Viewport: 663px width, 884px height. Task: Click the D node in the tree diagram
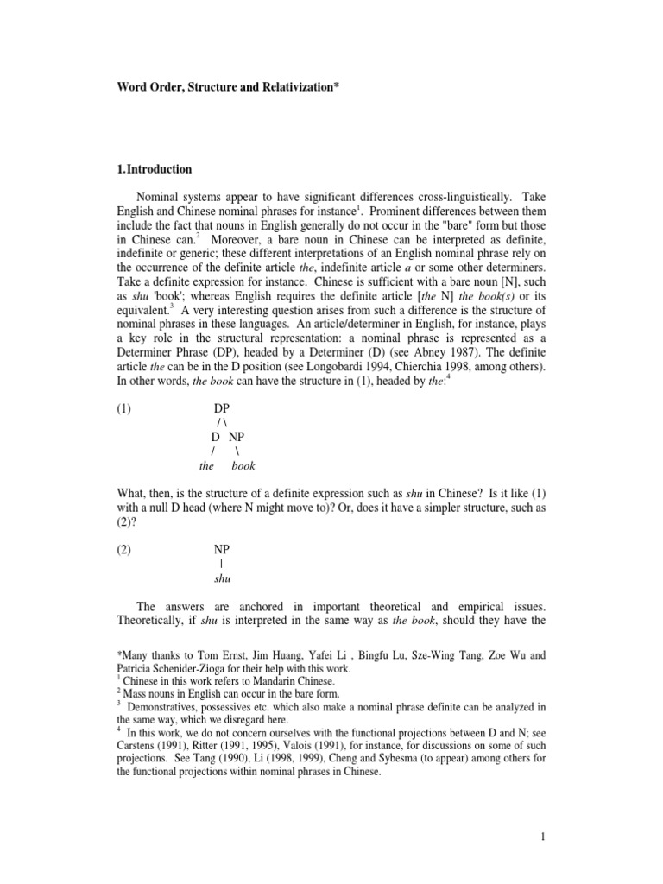pos(216,437)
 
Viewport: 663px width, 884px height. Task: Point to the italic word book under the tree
pos(243,466)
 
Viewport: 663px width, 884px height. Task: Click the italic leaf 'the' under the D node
pos(206,466)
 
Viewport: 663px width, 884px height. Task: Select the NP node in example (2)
pos(224,549)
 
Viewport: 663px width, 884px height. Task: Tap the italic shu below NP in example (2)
pos(223,578)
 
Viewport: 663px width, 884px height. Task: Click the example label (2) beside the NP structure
pos(125,549)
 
